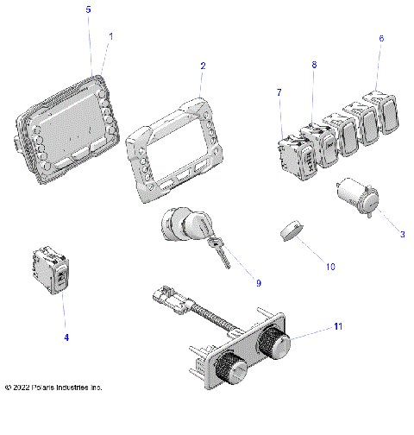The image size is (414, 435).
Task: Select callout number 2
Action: coord(203,66)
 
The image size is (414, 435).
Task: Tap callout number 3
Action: coord(377,234)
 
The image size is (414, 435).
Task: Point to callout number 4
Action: coord(66,337)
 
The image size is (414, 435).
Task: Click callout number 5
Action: coord(88,9)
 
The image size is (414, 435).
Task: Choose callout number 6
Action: coord(381,39)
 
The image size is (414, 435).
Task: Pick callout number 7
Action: coord(279,91)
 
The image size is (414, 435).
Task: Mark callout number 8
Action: coord(314,65)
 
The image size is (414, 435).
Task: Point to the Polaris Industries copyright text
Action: coord(53,388)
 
